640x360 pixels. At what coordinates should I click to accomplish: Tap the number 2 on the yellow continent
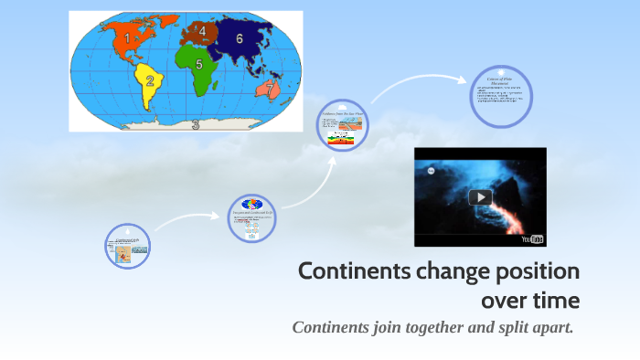(x=149, y=79)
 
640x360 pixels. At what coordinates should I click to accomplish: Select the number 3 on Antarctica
(x=195, y=124)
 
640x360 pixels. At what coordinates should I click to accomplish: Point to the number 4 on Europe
(x=202, y=32)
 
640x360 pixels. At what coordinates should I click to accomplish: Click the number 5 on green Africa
(x=198, y=64)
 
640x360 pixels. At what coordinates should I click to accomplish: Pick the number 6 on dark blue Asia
(x=240, y=38)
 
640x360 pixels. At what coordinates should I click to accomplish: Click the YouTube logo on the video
(x=532, y=238)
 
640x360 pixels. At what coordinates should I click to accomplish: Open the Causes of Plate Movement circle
(x=501, y=95)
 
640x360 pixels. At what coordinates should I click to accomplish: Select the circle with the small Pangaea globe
(x=251, y=217)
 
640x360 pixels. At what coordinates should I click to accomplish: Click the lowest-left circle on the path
(x=127, y=247)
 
